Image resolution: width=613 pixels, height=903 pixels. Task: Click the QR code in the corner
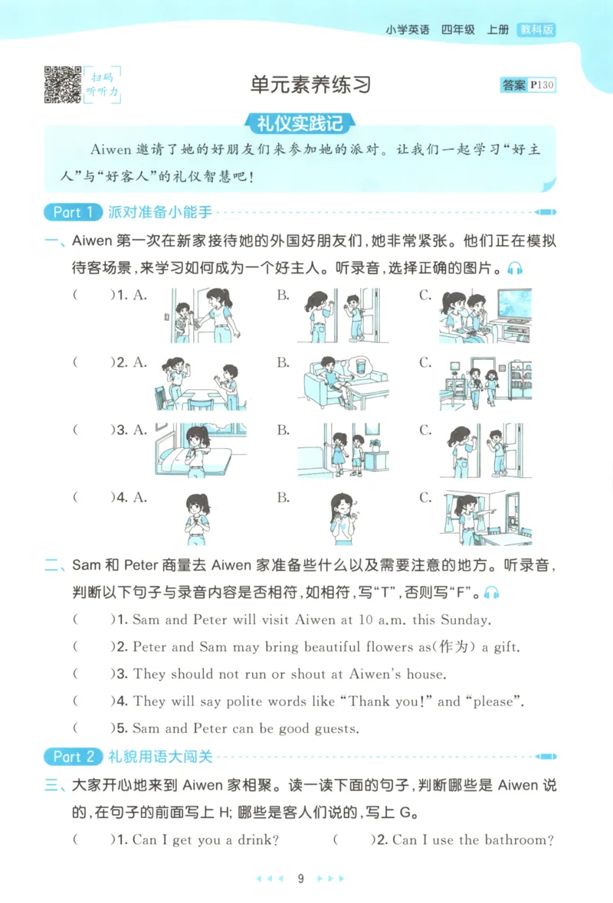coord(63,85)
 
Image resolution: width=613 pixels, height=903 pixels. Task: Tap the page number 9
coord(301,878)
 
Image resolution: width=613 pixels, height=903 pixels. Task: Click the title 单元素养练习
coord(310,84)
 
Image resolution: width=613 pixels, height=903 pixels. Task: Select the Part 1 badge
coord(73,212)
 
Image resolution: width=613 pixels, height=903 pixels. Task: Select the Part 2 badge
coord(73,757)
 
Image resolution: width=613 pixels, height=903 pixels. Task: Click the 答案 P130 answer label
coord(528,85)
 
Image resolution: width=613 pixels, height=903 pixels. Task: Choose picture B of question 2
coord(337,382)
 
